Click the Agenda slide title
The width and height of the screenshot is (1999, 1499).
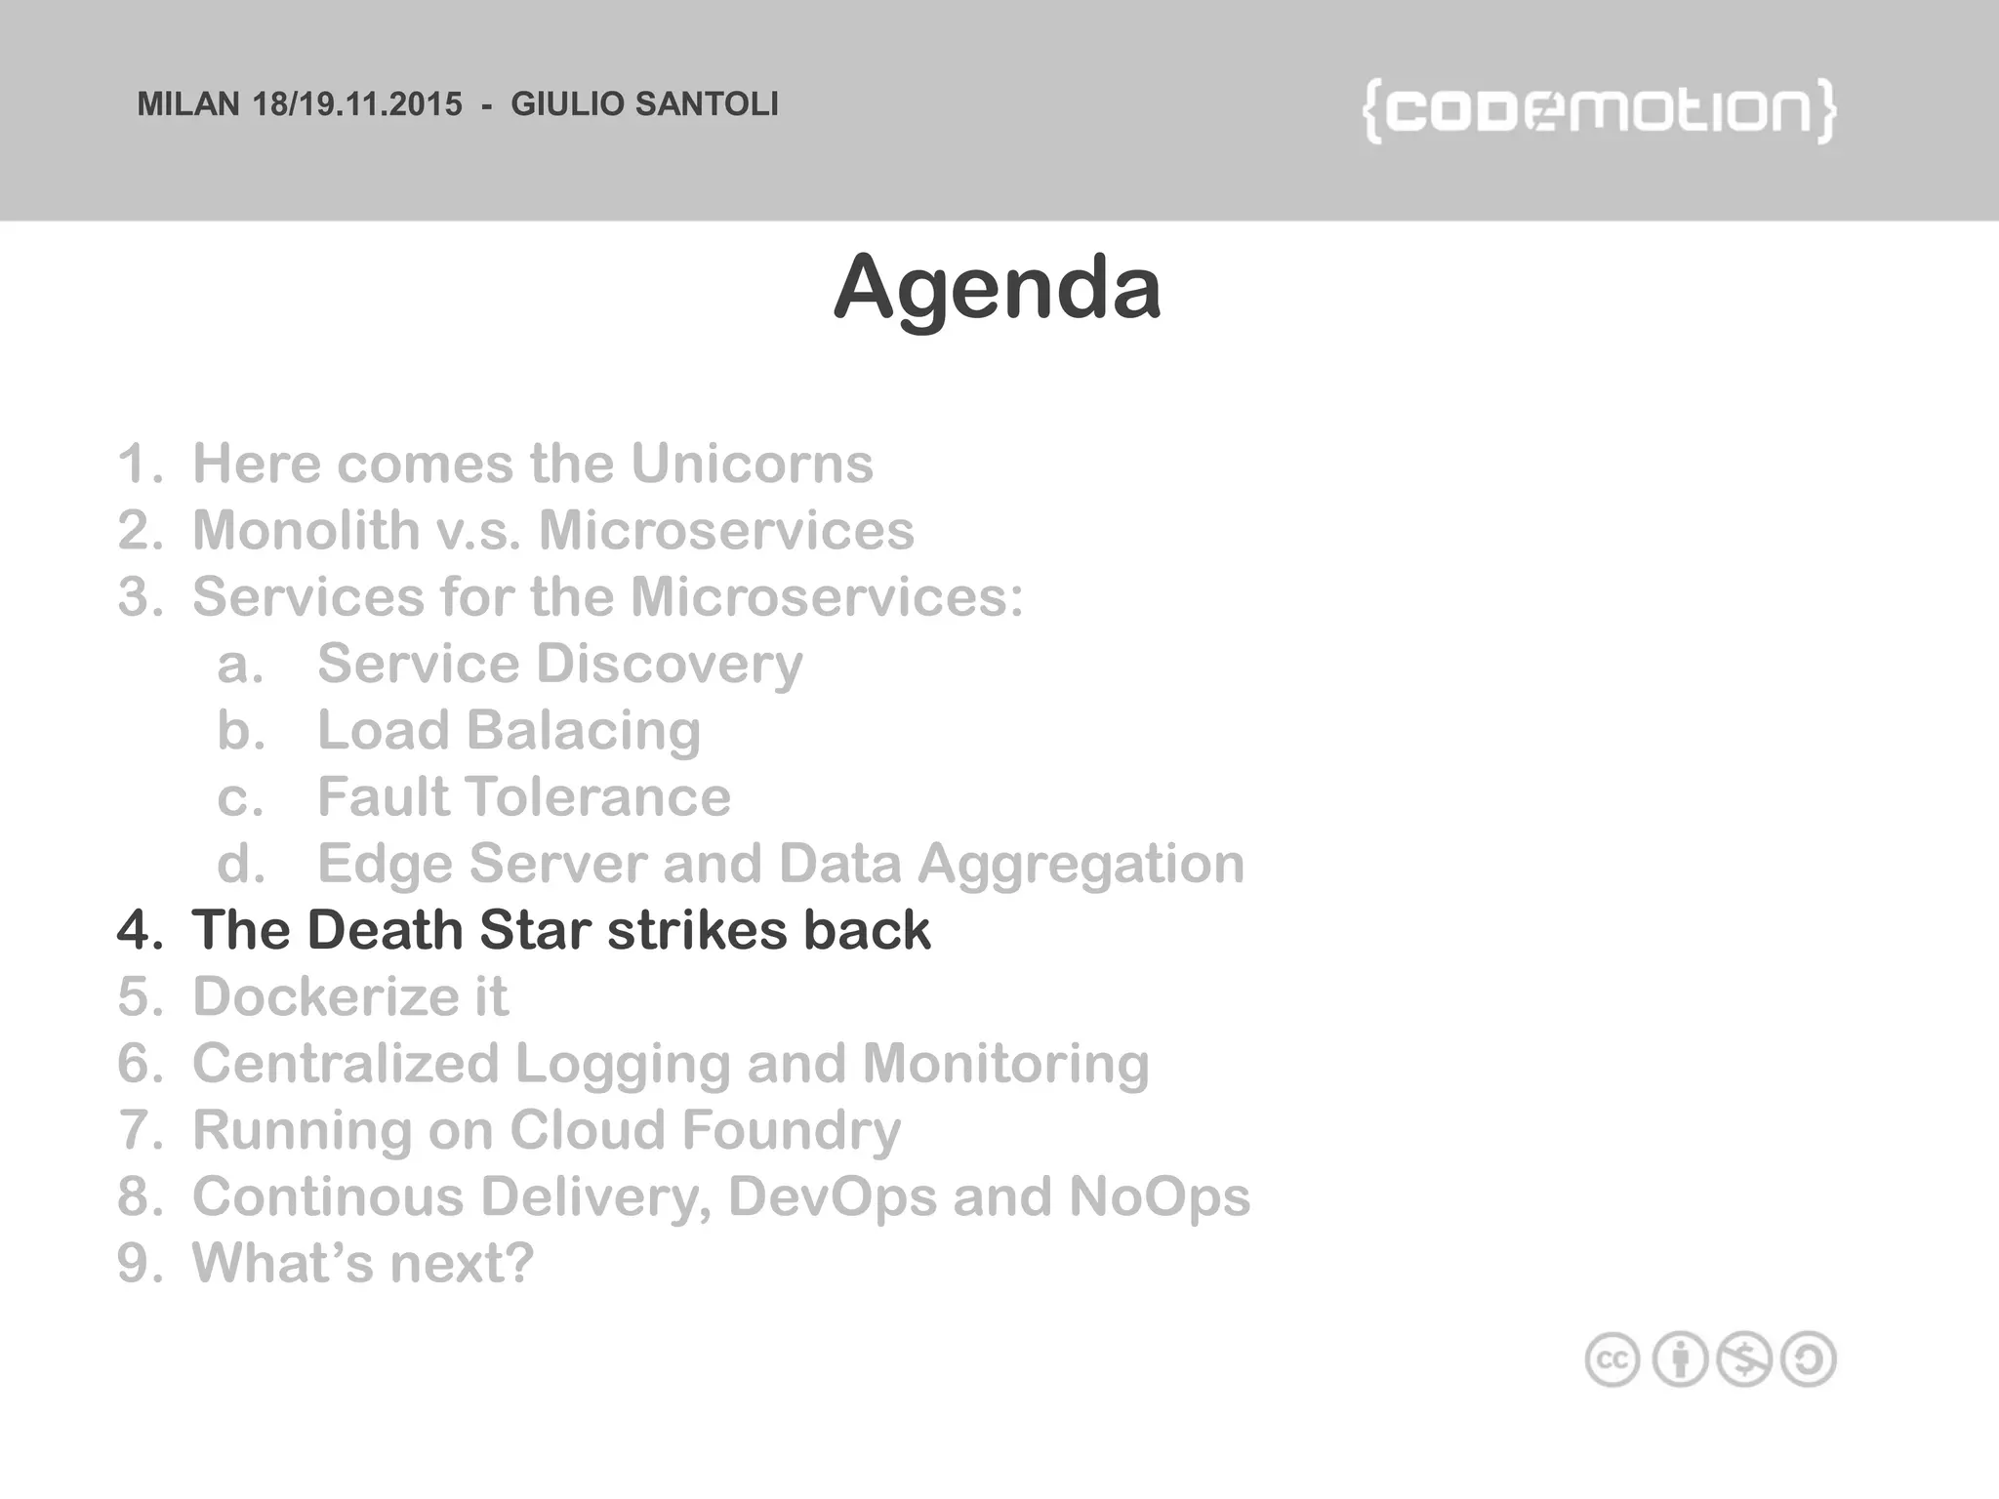997,287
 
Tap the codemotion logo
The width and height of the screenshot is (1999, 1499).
1599,111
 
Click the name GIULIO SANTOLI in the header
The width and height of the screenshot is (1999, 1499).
644,104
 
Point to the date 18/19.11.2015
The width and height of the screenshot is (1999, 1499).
357,104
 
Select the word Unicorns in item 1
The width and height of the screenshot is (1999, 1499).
752,464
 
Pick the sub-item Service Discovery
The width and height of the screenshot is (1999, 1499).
559,665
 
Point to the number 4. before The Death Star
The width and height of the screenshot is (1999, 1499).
140,930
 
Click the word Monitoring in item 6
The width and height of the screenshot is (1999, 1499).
1005,1063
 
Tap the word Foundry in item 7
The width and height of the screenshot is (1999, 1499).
791,1130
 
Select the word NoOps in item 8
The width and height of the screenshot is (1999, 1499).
1159,1196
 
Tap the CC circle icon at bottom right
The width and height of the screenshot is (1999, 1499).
1612,1359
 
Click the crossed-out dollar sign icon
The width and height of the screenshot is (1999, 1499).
1744,1359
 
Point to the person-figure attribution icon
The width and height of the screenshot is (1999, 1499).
1680,1359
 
